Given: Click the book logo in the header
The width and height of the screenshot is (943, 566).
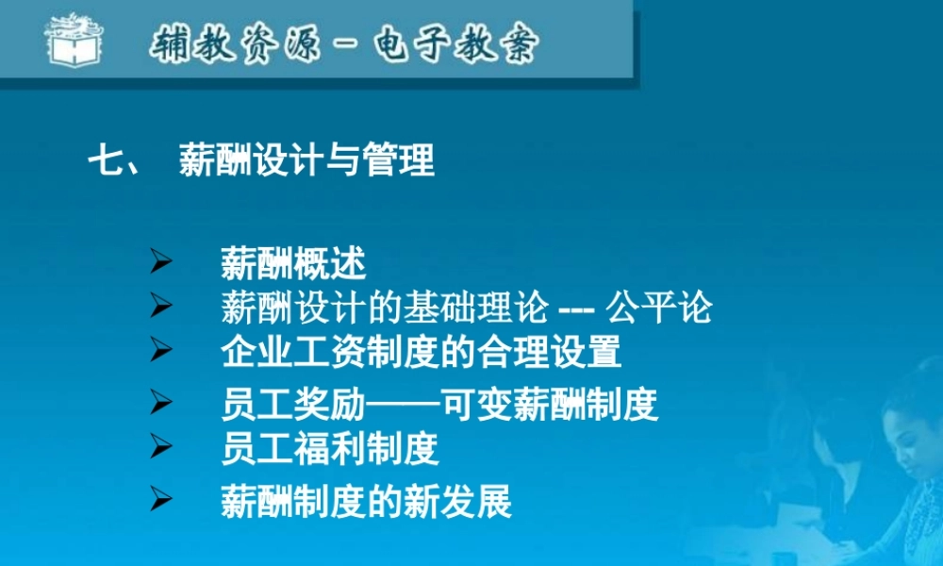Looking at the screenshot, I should (74, 39).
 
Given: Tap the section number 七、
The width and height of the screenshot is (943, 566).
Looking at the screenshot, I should (114, 160).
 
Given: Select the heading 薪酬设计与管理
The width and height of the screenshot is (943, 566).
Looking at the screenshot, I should (306, 160).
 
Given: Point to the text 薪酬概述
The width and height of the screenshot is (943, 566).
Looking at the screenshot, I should (293, 263).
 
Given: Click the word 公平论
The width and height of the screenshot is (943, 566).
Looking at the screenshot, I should (659, 308).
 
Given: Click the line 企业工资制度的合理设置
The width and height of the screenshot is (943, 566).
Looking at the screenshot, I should (421, 352).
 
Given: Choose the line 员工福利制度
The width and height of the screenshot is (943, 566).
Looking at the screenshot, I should (330, 448).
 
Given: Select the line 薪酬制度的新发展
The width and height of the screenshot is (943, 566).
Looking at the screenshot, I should (366, 501).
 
